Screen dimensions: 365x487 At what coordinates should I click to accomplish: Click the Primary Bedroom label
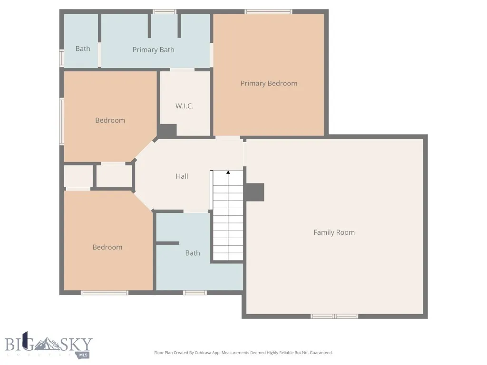coord(269,84)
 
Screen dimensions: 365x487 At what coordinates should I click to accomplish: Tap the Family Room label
coord(334,232)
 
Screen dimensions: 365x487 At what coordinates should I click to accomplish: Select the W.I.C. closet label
coord(184,106)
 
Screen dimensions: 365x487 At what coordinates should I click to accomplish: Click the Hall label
coord(182,176)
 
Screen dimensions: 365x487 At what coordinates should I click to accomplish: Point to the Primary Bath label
coord(153,50)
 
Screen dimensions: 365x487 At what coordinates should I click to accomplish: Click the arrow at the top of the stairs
coord(228,173)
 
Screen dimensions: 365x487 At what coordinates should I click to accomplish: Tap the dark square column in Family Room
coord(254,192)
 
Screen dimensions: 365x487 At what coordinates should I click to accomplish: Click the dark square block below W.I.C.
coord(167,131)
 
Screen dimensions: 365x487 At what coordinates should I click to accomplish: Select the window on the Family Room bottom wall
coord(334,316)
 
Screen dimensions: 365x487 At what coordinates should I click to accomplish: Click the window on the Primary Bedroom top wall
coord(269,11)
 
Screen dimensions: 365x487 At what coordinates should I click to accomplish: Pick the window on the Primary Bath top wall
coord(165,11)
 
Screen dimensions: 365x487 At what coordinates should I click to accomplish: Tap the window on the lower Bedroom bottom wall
coord(105,293)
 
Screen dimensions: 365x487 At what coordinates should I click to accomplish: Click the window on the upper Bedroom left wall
coord(61,121)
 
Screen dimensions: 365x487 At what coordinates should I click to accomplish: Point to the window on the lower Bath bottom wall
coord(195,293)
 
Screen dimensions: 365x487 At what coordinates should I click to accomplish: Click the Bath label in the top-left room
coord(83,48)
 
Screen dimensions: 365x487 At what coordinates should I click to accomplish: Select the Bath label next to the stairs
coord(193,253)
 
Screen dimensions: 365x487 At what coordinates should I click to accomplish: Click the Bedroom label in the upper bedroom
coord(110,120)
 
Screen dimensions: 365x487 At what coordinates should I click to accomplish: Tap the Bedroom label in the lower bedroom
coord(107,247)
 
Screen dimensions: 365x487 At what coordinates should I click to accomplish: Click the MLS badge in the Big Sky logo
coord(83,355)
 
